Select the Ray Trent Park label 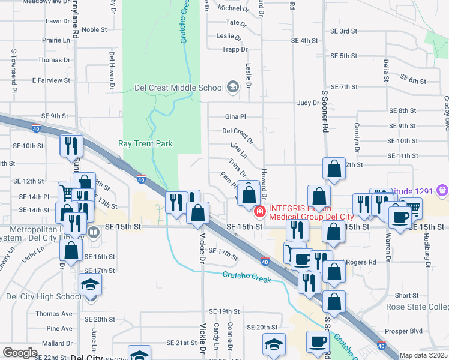pyautogui.click(x=145, y=143)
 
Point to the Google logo pyautogui.click(x=20, y=353)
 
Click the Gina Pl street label pyautogui.click(x=235, y=116)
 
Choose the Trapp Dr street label pyautogui.click(x=234, y=50)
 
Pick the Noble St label pyautogui.click(x=94, y=29)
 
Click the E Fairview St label pyautogui.click(x=52, y=80)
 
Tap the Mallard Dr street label pyautogui.click(x=58, y=344)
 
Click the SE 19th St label pyautogui.click(x=224, y=311)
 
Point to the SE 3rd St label pyautogui.click(x=343, y=31)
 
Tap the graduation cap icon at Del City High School pyautogui.click(x=90, y=283)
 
